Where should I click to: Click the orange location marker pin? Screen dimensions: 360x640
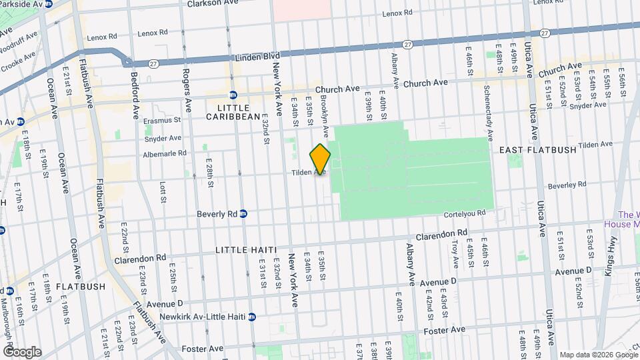tap(320, 159)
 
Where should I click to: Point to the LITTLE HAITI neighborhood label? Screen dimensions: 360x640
tap(245, 249)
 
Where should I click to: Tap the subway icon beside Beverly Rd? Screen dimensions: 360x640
tap(243, 214)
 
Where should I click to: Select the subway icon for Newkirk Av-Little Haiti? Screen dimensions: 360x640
tap(252, 317)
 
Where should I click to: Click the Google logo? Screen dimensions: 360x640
tap(22, 351)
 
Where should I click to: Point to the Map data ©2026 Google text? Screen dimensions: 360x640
tap(598, 354)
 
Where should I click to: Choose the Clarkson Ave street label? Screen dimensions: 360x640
tap(194, 3)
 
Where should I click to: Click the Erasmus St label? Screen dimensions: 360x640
tap(167, 121)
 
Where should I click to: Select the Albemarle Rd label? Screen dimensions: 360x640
tap(165, 154)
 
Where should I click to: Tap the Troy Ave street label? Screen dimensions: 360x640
tap(455, 254)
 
